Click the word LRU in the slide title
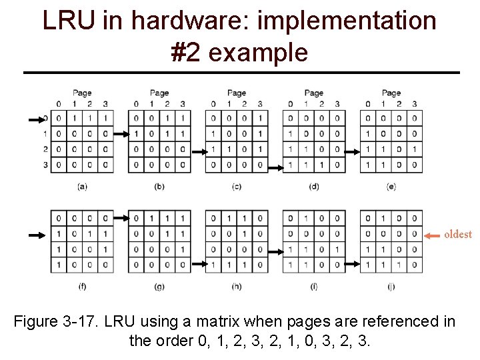pyautogui.click(x=70, y=21)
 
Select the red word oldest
pyautogui.click(x=457, y=234)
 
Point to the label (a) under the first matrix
pyautogui.click(x=82, y=187)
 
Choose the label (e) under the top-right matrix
pyautogui.click(x=391, y=187)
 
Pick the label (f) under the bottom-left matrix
pyautogui.click(x=82, y=287)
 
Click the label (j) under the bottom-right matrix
pyautogui.click(x=391, y=287)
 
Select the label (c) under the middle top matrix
pyautogui.click(x=237, y=187)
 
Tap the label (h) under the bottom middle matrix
pyautogui.click(x=237, y=287)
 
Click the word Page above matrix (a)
pyautogui.click(x=82, y=93)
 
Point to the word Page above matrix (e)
pyautogui.click(x=391, y=93)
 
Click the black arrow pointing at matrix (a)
pyautogui.click(x=37, y=119)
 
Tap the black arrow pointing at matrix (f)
pyautogui.click(x=37, y=235)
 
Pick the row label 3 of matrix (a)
pyautogui.click(x=45, y=165)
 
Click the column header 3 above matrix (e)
pyautogui.click(x=415, y=103)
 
